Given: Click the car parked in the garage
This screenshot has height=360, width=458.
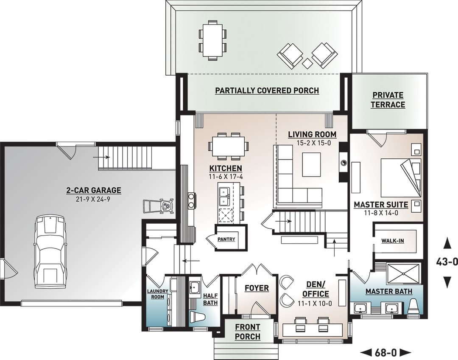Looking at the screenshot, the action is tap(50, 252).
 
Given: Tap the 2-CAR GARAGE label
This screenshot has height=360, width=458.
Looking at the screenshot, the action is tap(93, 190).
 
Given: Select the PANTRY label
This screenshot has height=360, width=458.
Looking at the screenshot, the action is tap(226, 239).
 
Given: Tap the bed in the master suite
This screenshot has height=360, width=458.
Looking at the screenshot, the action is tap(401, 177).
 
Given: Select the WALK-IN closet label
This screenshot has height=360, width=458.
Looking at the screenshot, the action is tap(393, 241).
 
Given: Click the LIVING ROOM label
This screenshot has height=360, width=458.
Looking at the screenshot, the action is tap(312, 134).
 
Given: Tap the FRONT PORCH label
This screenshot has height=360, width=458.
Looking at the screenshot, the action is tap(248, 332).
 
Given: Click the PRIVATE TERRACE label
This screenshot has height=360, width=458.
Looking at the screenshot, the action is tap(388, 100).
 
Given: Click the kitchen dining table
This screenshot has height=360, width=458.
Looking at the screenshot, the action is tap(229, 146).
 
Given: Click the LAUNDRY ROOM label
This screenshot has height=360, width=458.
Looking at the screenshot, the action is tap(157, 294).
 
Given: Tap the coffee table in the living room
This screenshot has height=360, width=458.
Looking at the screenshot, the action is tap(312, 164).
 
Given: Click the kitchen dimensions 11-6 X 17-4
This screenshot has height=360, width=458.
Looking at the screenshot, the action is tap(226, 177).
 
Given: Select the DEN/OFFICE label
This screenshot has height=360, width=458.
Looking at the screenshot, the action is tap(316, 289).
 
